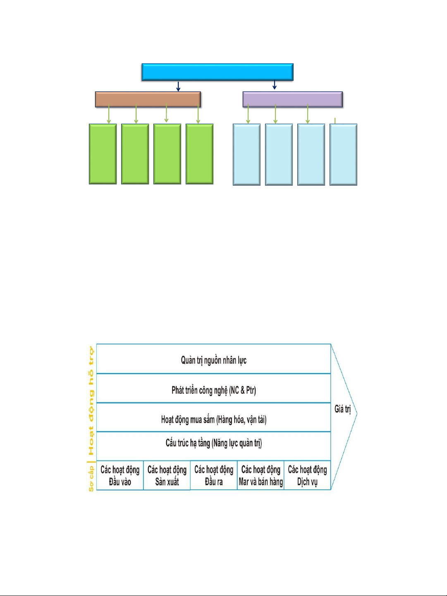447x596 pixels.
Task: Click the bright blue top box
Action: tap(218, 72)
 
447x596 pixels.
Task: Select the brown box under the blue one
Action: tap(148, 99)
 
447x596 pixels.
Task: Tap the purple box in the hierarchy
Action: tap(292, 99)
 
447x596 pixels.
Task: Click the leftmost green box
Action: tap(103, 154)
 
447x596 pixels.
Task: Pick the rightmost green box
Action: tap(200, 154)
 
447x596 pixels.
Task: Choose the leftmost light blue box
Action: tap(247, 154)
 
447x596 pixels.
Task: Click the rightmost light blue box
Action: tap(344, 154)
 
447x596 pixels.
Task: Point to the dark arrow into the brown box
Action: tap(178, 86)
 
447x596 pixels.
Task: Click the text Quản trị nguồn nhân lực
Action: tap(213, 360)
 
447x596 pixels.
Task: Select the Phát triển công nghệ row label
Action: tap(213, 390)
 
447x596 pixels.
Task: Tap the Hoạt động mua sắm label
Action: tap(213, 420)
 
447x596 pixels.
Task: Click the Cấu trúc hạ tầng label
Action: tap(213, 443)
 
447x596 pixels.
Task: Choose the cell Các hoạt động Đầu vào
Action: tap(120, 476)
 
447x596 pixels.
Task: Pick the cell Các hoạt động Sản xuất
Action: tap(167, 476)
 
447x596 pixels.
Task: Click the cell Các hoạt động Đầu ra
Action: tap(214, 476)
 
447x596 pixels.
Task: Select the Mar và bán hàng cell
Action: tap(261, 476)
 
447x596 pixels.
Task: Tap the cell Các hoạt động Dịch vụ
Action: tap(307, 476)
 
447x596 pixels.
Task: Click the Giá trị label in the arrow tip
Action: tap(342, 409)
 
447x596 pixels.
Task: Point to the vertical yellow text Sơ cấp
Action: tap(91, 478)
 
